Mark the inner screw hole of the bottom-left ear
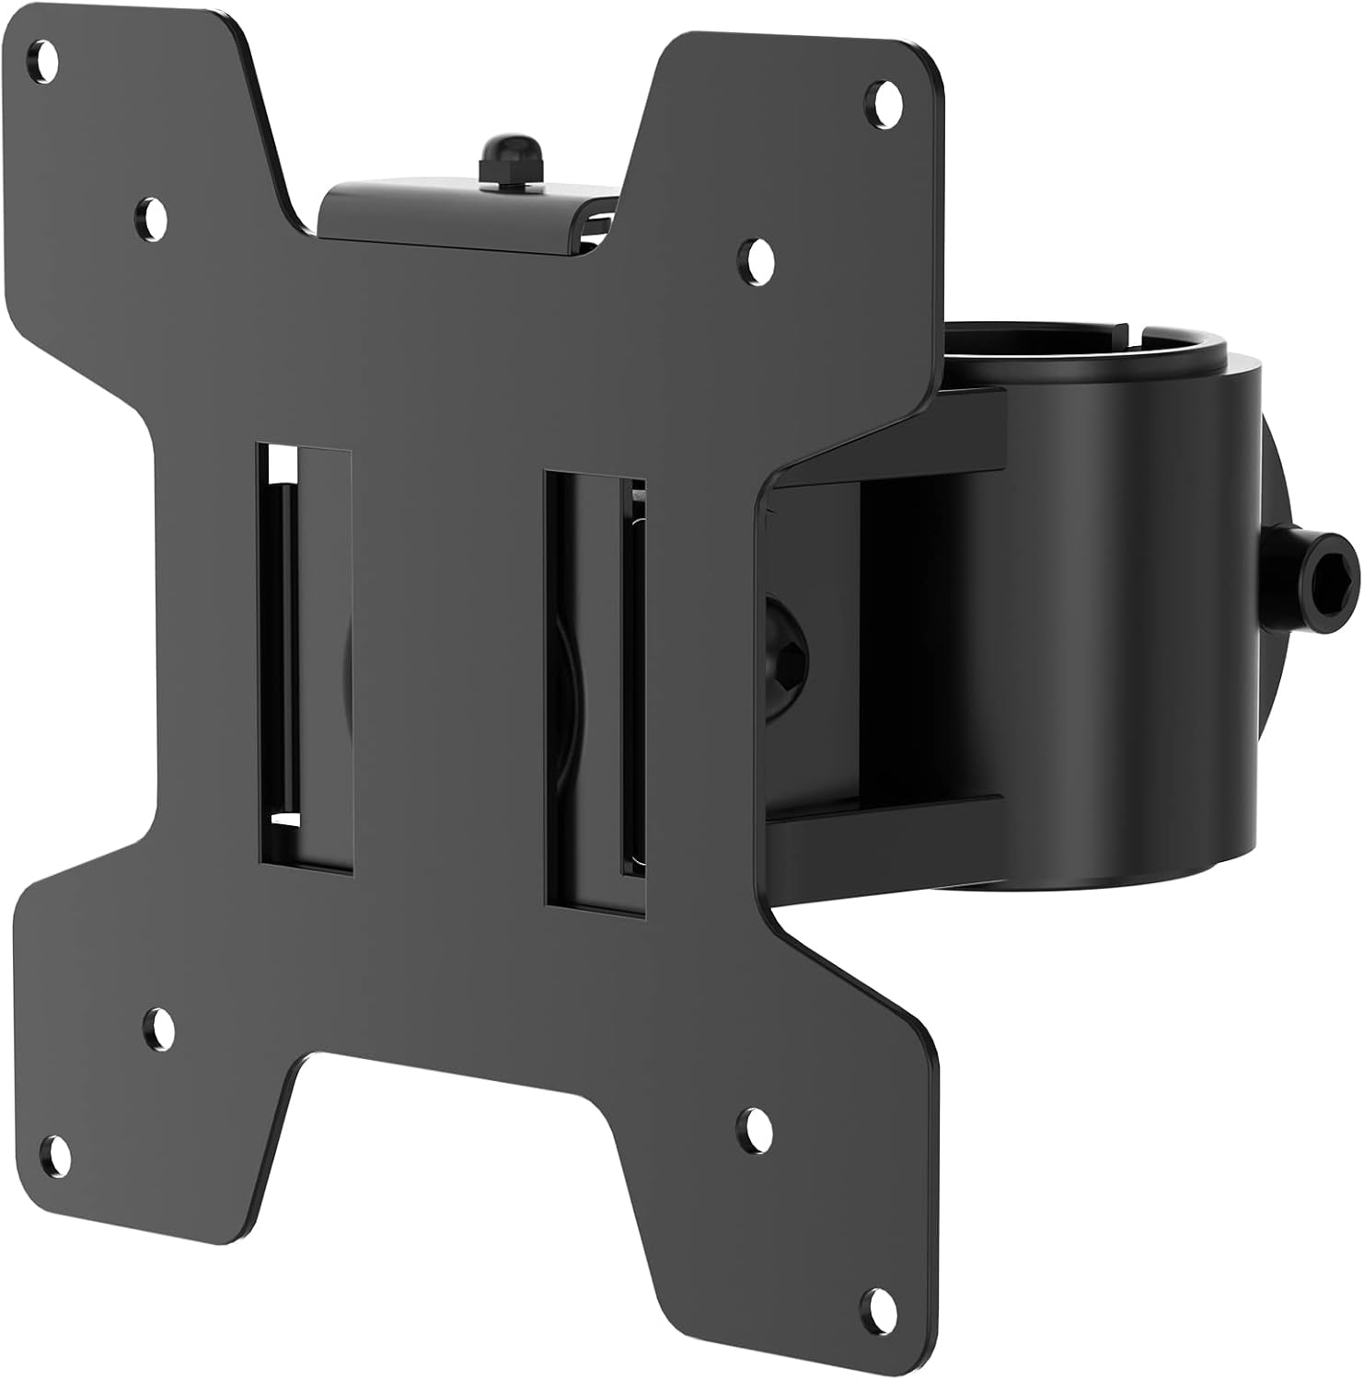[159, 1024]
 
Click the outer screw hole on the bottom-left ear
[57, 1151]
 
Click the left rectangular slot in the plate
[304, 658]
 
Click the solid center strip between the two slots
[448, 662]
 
